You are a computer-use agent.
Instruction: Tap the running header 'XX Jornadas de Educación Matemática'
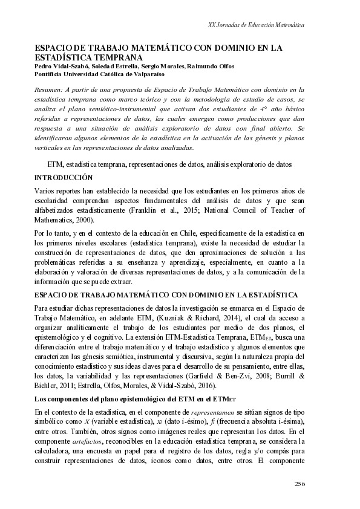coord(255,26)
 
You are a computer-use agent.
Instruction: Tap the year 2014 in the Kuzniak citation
coord(239,319)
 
